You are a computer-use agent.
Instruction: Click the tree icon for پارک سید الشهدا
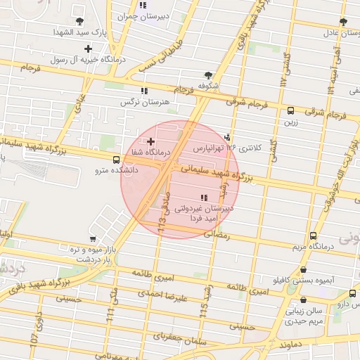click(x=79, y=21)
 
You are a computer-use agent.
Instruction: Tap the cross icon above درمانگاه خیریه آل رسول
click(x=88, y=49)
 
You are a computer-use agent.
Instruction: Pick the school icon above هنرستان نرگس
click(x=144, y=91)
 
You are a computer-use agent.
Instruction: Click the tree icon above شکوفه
click(x=207, y=75)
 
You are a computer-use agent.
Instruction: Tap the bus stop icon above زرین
click(x=290, y=110)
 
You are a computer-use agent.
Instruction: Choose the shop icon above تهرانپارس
click(x=227, y=137)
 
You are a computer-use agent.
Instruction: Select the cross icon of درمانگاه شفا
click(x=150, y=142)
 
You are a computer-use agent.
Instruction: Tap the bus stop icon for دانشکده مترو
click(x=116, y=160)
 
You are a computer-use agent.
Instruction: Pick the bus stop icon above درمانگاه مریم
click(x=313, y=236)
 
